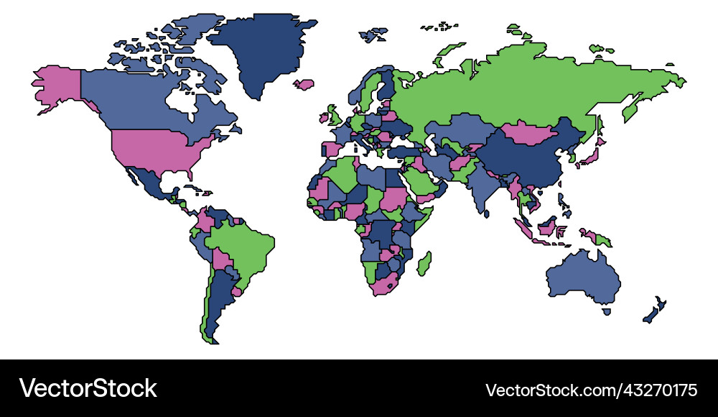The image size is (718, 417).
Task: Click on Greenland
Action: click(262, 50)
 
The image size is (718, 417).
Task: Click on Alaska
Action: click(57, 86)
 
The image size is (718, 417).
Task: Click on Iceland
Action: click(304, 84)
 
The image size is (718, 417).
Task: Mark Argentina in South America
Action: click(219, 302)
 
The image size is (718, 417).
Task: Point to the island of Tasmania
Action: click(607, 311)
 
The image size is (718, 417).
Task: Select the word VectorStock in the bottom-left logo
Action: click(88, 388)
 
